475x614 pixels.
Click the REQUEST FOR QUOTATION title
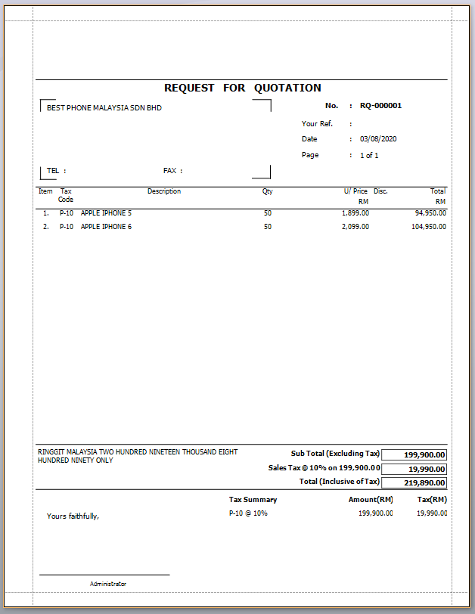pos(242,88)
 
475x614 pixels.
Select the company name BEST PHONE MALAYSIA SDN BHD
pos(104,108)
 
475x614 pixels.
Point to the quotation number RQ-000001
pos(380,106)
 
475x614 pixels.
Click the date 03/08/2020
pos(378,139)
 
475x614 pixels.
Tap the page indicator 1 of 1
pos(369,155)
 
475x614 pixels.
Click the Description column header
pos(164,191)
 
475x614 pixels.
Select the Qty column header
pos(268,191)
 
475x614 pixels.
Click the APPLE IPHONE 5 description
pos(106,213)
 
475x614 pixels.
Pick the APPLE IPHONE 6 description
pos(106,227)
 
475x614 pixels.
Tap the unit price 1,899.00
pos(355,213)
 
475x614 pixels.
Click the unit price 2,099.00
pos(355,227)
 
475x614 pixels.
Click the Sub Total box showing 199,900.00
pos(414,454)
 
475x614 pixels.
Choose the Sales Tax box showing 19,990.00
pos(414,469)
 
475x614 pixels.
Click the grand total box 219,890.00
pos(414,482)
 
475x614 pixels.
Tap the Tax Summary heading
pos(253,500)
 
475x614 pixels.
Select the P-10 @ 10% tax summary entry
pos(248,513)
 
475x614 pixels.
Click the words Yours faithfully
pos(73,516)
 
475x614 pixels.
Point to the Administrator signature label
pos(108,584)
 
